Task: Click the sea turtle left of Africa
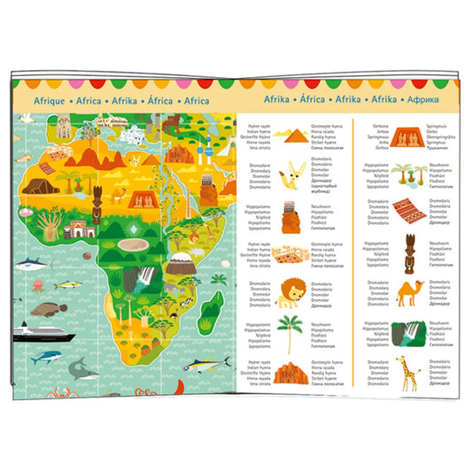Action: [x=47, y=310]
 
